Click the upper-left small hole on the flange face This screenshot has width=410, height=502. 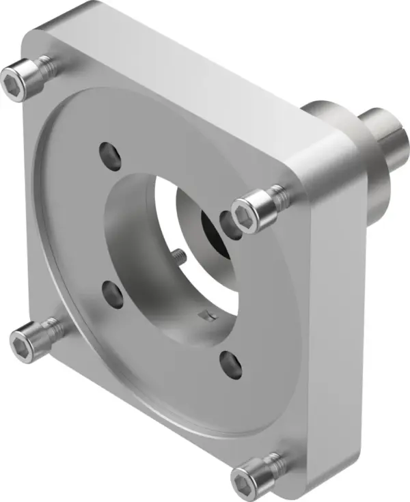109,154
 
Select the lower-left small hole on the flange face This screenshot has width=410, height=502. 111,295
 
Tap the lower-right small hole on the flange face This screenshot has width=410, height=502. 231,364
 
